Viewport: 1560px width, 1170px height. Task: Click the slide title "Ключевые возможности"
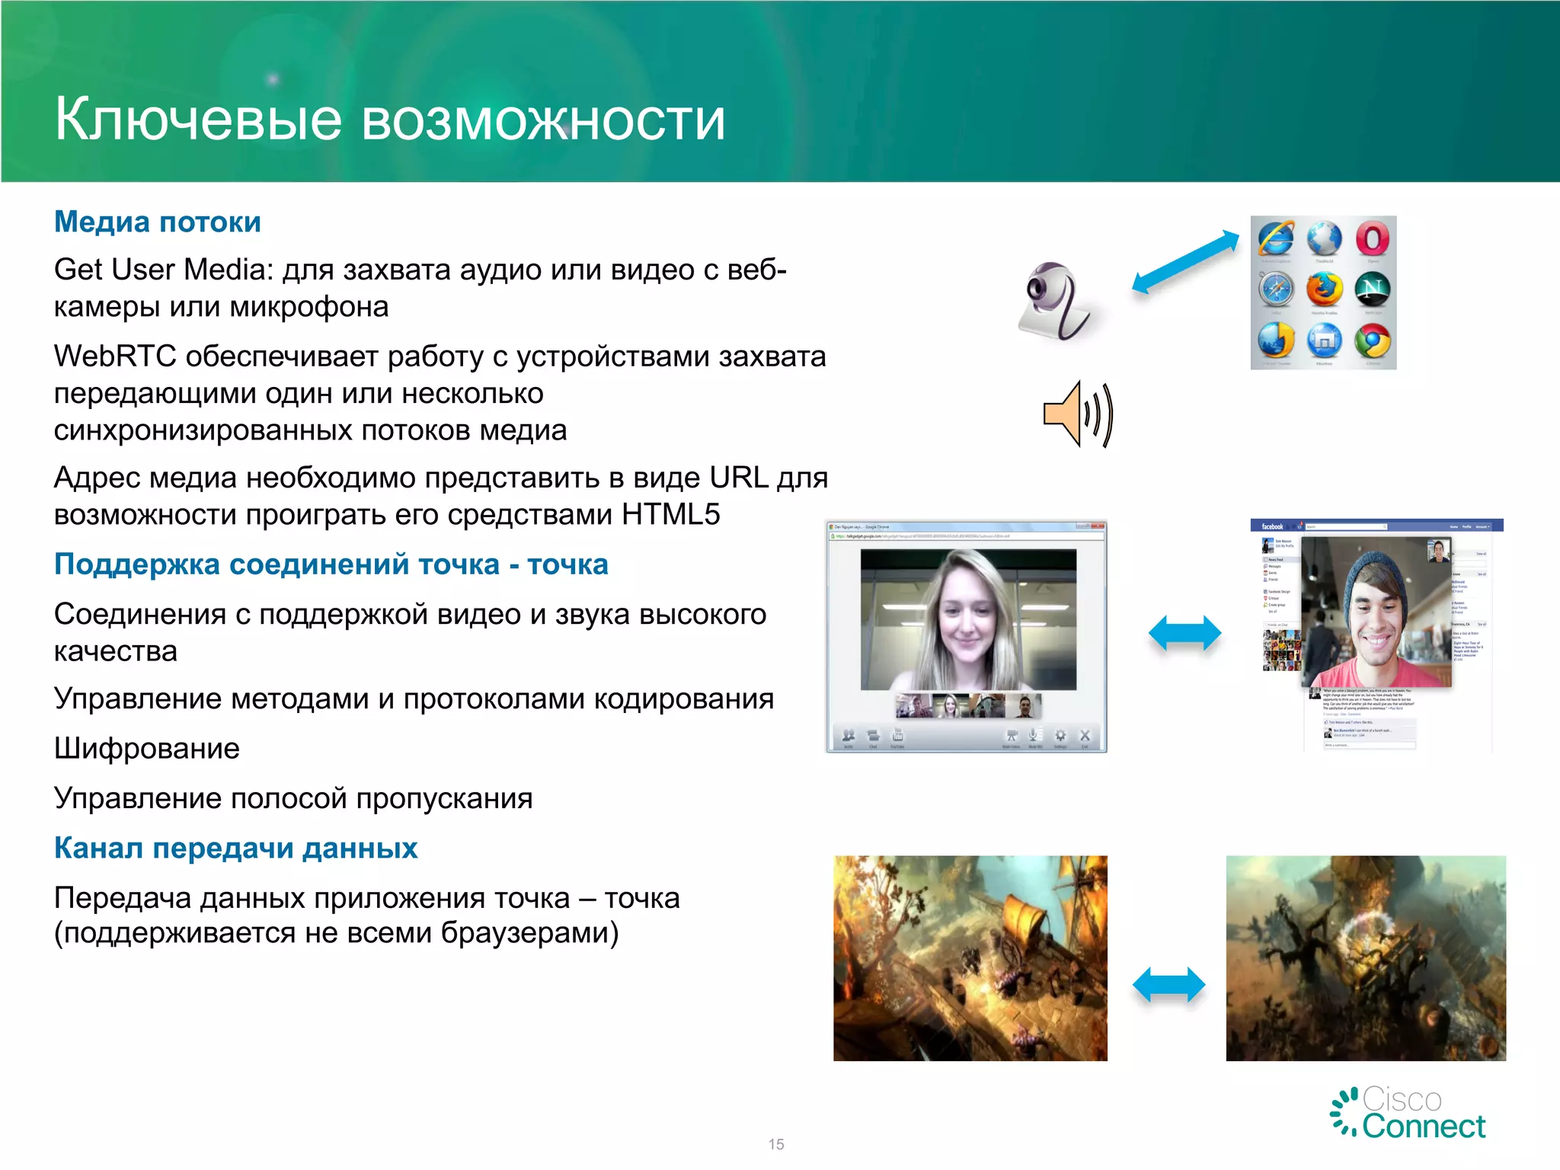pos(390,120)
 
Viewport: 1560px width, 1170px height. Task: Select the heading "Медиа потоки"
pos(158,222)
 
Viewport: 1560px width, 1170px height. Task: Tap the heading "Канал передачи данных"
pos(235,849)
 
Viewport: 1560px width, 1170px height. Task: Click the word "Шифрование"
pos(147,749)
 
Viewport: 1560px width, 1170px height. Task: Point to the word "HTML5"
pos(670,515)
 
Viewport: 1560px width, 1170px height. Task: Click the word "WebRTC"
pos(115,356)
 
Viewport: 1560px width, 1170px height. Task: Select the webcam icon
pos(1055,301)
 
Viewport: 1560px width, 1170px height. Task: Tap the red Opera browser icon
pos(1372,239)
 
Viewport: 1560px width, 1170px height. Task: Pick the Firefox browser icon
pos(1324,290)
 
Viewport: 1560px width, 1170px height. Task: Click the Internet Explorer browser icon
pos(1276,239)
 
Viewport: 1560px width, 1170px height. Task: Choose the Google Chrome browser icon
pos(1372,341)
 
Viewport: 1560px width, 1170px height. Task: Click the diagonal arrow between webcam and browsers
pos(1185,262)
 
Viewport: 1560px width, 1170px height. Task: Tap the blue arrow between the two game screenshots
pos(1168,985)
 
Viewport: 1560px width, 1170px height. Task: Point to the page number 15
pos(776,1144)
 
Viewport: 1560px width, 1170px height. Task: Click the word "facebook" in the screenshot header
pos(1271,526)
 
